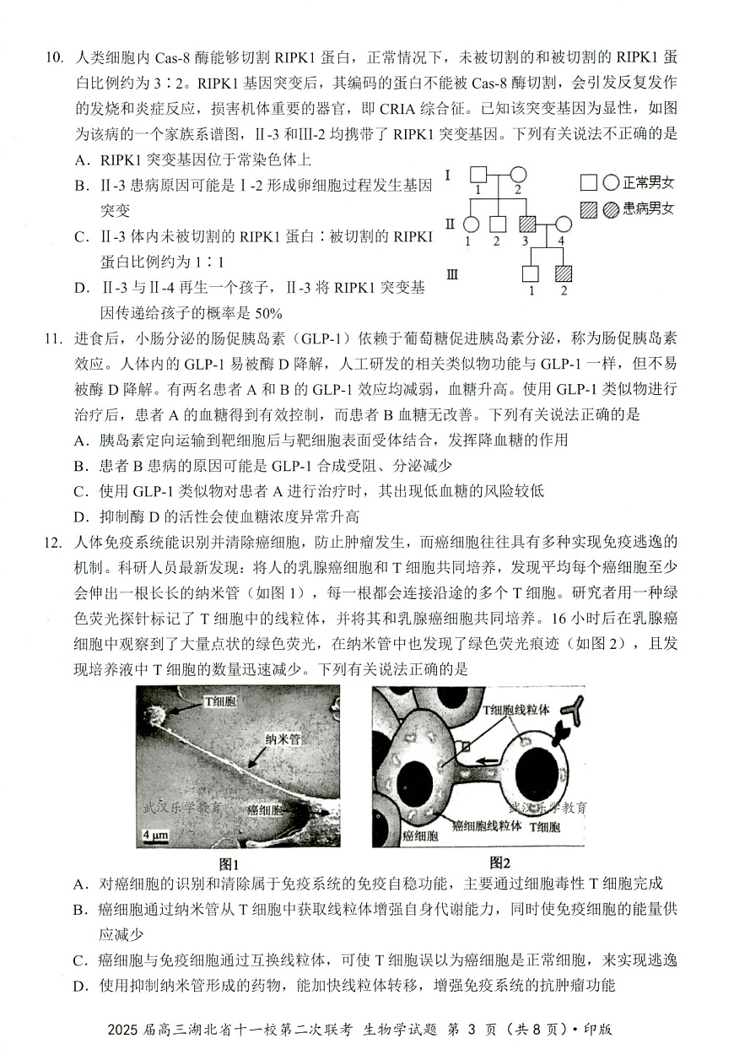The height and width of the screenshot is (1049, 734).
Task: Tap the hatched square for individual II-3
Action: click(527, 224)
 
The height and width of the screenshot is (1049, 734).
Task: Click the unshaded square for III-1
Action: click(530, 273)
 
